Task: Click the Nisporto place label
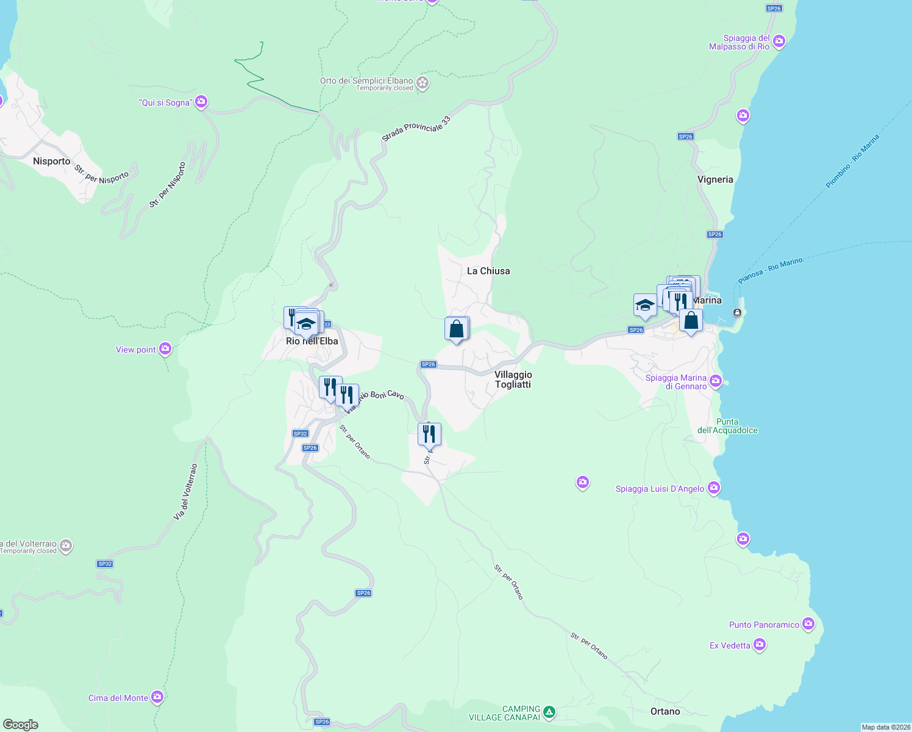click(x=52, y=161)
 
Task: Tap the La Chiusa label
click(x=488, y=271)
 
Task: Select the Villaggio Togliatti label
click(x=513, y=379)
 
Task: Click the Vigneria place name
click(x=715, y=179)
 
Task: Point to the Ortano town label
click(x=665, y=711)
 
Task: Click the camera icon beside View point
click(x=165, y=349)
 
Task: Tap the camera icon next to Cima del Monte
click(x=157, y=697)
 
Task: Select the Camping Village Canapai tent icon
click(x=549, y=712)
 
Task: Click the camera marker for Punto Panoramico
click(x=808, y=624)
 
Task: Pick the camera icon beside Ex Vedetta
click(x=760, y=645)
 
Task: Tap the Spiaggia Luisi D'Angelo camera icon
click(x=714, y=488)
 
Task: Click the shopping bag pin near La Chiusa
click(x=457, y=329)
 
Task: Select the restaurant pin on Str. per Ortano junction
click(x=429, y=434)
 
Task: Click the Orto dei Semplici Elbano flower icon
click(x=422, y=82)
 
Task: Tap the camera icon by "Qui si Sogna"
click(x=201, y=102)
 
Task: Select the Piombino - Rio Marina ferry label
click(x=853, y=162)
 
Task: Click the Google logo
click(x=21, y=725)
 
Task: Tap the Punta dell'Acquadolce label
click(x=727, y=426)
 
